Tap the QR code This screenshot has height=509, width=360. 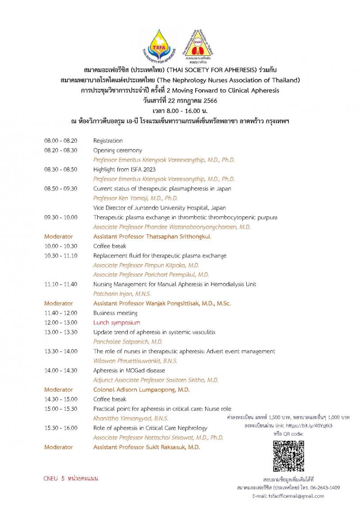[x=288, y=456]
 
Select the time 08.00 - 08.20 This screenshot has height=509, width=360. [x=61, y=141]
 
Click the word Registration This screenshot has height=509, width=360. [x=108, y=141]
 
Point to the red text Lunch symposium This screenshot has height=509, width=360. [x=117, y=323]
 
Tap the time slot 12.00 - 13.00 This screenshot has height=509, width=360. [x=61, y=323]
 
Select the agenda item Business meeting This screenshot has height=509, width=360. [x=115, y=313]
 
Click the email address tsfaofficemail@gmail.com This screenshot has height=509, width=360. [x=288, y=496]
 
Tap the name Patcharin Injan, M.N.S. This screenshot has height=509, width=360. [x=122, y=294]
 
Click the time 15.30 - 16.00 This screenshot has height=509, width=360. [x=61, y=428]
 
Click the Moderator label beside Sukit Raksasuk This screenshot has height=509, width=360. [x=58, y=447]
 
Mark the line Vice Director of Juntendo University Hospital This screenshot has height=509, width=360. [x=159, y=208]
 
